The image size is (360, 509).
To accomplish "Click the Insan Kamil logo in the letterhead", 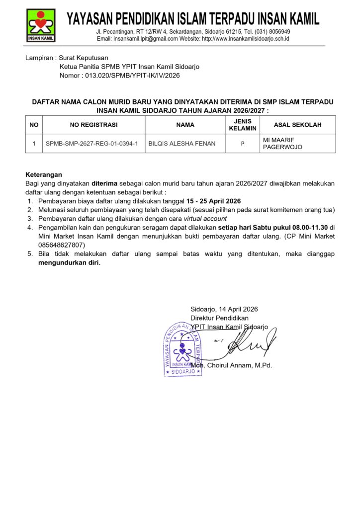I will (41, 25).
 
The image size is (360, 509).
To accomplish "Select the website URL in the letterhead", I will (246, 39).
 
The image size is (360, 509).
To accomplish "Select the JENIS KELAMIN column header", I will (242, 125).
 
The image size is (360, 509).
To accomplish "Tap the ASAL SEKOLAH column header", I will (297, 125).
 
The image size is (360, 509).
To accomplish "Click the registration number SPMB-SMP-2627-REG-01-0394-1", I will (91, 144).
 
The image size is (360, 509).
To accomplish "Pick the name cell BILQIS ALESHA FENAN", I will (182, 144).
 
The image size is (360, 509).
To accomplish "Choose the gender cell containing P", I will (242, 144).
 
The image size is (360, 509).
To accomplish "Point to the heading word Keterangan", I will (44, 174).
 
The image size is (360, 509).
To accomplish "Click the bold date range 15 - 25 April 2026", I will (213, 201).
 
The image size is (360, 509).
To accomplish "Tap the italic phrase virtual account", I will (205, 218).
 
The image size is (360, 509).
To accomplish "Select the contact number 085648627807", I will (62, 245).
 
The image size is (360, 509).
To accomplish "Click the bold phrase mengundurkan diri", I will (69, 263).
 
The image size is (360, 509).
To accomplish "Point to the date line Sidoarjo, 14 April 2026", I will (224, 309).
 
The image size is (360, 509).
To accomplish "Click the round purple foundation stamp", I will (182, 348).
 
